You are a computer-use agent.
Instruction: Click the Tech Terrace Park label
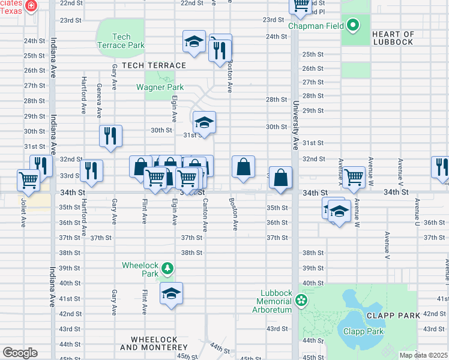(121, 41)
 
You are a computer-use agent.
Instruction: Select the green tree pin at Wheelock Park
(169, 268)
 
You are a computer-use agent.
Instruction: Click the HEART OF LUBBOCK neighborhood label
(393, 38)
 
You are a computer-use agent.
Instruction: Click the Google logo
(19, 352)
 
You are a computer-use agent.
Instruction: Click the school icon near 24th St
(194, 41)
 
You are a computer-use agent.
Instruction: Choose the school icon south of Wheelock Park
(171, 293)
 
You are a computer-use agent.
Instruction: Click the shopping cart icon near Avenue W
(354, 177)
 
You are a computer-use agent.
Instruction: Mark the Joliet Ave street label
(24, 209)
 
